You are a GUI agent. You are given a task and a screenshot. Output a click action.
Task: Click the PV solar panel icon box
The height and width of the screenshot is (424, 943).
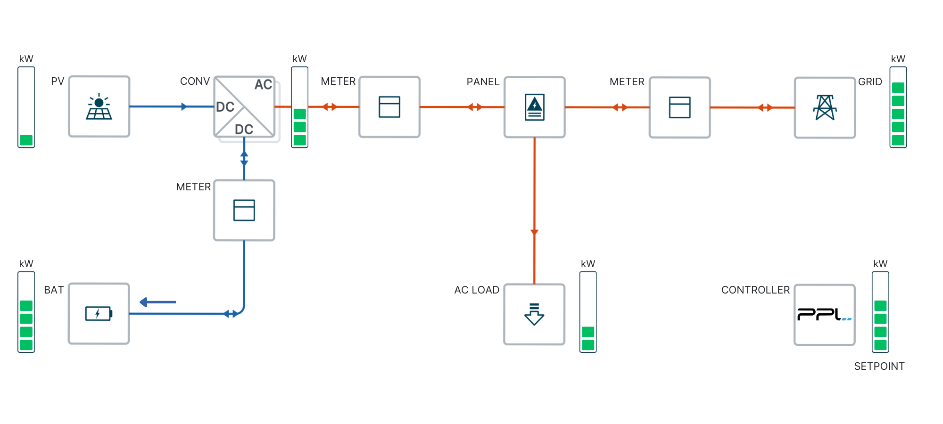click(99, 106)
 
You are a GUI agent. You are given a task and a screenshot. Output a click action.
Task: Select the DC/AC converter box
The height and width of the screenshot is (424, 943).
click(244, 107)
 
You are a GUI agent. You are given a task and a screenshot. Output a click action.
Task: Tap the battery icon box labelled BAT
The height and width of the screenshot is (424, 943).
click(99, 313)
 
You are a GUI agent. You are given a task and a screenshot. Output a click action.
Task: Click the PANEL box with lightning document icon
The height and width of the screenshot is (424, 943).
click(534, 107)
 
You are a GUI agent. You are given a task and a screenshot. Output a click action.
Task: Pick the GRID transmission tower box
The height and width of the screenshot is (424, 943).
click(825, 107)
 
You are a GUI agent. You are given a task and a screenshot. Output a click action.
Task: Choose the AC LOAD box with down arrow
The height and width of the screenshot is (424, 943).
click(534, 314)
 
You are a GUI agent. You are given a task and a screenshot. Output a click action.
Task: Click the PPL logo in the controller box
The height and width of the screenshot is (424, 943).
click(824, 314)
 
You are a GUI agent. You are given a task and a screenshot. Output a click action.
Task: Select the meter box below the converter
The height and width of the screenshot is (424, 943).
click(244, 210)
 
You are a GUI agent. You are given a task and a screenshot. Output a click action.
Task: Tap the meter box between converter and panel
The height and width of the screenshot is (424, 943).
click(389, 107)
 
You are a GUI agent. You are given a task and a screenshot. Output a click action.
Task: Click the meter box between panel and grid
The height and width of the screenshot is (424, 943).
click(679, 107)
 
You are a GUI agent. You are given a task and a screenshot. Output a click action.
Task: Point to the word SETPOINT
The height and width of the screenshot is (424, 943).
click(879, 366)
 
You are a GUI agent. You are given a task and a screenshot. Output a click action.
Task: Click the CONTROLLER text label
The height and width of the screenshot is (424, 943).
click(755, 290)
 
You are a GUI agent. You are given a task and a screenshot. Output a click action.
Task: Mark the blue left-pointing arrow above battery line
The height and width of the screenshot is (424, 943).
click(158, 302)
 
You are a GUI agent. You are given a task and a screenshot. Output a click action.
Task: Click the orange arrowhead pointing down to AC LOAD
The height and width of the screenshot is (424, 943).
click(534, 232)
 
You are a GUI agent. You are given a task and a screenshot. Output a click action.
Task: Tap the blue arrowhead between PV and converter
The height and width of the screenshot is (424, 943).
click(184, 106)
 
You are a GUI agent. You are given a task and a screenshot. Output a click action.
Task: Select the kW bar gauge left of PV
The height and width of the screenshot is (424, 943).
click(26, 107)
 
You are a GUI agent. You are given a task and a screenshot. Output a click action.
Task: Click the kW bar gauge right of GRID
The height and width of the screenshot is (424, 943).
click(898, 107)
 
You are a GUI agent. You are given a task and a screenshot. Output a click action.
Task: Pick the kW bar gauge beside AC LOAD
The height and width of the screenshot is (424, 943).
click(588, 312)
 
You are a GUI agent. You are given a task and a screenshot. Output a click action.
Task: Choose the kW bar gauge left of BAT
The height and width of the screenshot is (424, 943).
click(26, 312)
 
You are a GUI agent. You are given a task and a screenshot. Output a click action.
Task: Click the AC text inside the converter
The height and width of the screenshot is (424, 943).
click(263, 84)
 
